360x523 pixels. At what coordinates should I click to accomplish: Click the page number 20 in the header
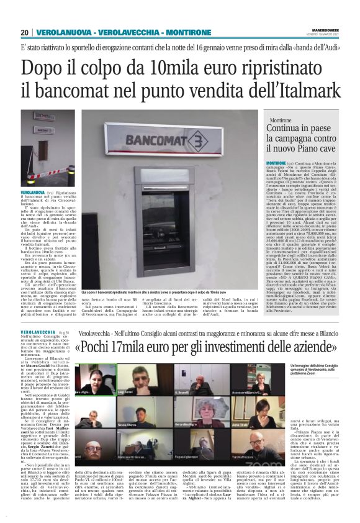(x=24, y=32)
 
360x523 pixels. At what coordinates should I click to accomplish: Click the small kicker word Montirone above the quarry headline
(x=281, y=120)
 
